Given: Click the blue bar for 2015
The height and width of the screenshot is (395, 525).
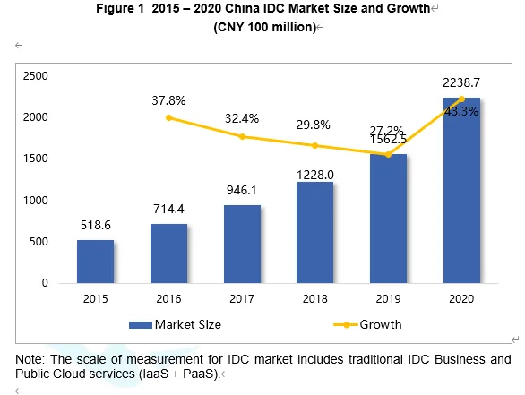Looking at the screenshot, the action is click(96, 262).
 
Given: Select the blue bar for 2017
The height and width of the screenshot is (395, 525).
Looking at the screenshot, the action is click(242, 244).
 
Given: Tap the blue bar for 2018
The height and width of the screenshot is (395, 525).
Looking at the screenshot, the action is click(314, 232).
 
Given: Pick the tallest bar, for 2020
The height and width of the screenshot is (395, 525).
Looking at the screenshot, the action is click(461, 190).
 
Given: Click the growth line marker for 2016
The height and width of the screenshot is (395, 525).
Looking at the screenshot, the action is click(168, 118).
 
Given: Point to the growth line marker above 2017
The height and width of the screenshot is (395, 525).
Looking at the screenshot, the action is click(242, 136).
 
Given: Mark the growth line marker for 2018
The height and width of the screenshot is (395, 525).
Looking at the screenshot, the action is click(314, 146).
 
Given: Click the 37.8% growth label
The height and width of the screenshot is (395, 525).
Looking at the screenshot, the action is click(168, 100).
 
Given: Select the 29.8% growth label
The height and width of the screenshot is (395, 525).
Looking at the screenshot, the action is click(313, 125).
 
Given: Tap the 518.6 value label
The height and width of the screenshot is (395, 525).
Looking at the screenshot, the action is click(96, 226).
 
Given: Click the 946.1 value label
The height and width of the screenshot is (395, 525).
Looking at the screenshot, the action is click(241, 190).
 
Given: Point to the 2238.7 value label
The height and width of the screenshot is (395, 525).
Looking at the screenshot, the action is click(461, 82).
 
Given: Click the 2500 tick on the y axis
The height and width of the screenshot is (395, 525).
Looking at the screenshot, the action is click(36, 75).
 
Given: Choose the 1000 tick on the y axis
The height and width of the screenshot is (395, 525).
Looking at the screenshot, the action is click(36, 200).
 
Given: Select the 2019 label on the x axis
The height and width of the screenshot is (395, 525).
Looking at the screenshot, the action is click(388, 298).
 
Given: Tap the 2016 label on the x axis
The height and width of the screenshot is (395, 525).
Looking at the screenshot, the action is click(168, 298).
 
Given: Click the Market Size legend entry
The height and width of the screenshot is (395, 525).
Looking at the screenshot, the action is click(175, 325).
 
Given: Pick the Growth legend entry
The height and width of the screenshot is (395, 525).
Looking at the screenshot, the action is click(367, 325).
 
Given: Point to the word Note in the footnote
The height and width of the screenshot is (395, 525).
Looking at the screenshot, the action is click(30, 359).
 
